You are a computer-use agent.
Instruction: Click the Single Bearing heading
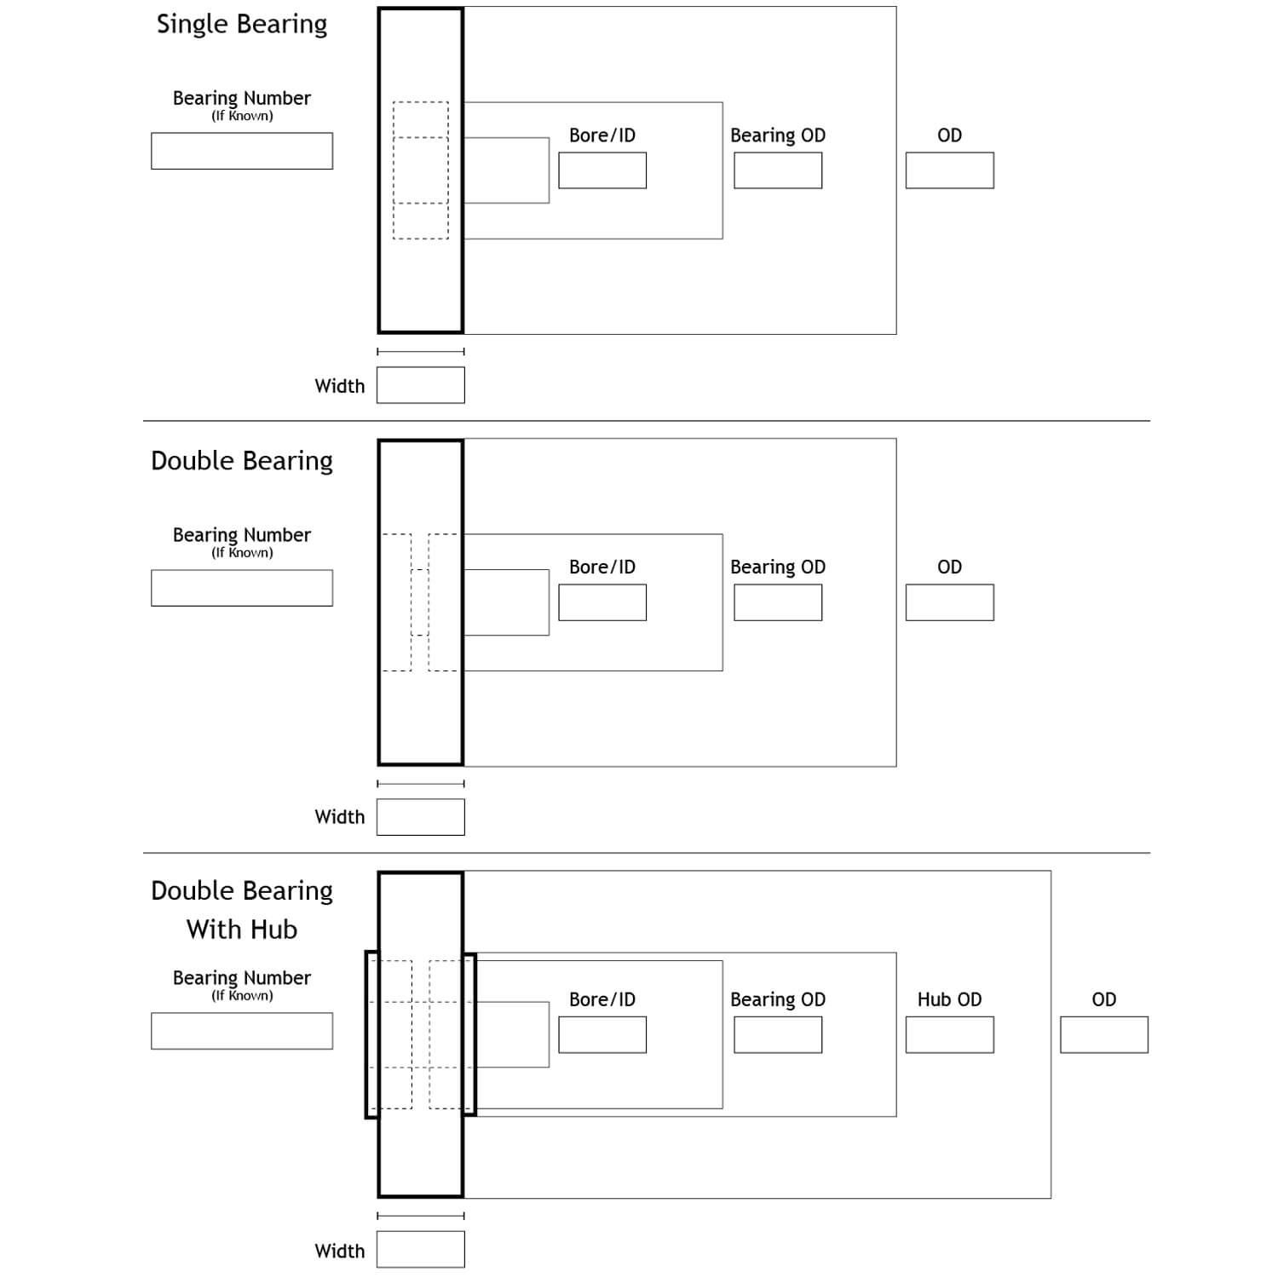[x=242, y=25]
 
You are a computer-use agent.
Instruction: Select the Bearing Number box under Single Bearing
[x=242, y=151]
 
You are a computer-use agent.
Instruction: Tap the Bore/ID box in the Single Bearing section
[x=602, y=170]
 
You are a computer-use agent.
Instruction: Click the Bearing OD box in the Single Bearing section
[x=778, y=170]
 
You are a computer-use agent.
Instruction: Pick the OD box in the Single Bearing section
[x=949, y=170]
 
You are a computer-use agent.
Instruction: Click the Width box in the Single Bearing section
[x=421, y=385]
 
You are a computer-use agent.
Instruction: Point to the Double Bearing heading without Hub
[x=242, y=461]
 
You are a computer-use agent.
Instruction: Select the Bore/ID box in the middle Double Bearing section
[x=602, y=602]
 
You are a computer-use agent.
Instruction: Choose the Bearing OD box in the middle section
[x=778, y=602]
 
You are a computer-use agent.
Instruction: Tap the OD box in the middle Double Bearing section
[x=949, y=602]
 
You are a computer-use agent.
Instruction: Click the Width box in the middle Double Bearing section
[x=421, y=817]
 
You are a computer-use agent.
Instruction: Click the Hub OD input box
[x=949, y=1034]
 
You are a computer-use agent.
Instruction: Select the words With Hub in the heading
[x=242, y=929]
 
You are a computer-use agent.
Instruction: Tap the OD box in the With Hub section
[x=1104, y=1034]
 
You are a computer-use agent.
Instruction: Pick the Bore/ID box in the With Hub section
[x=602, y=1034]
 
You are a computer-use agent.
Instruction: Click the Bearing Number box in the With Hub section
[x=242, y=1031]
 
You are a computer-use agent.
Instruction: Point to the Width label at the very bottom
[x=339, y=1251]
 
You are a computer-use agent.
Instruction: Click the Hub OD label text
[x=949, y=999]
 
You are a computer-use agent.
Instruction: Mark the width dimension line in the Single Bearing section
[x=421, y=351]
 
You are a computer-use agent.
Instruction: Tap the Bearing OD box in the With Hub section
[x=778, y=1034]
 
